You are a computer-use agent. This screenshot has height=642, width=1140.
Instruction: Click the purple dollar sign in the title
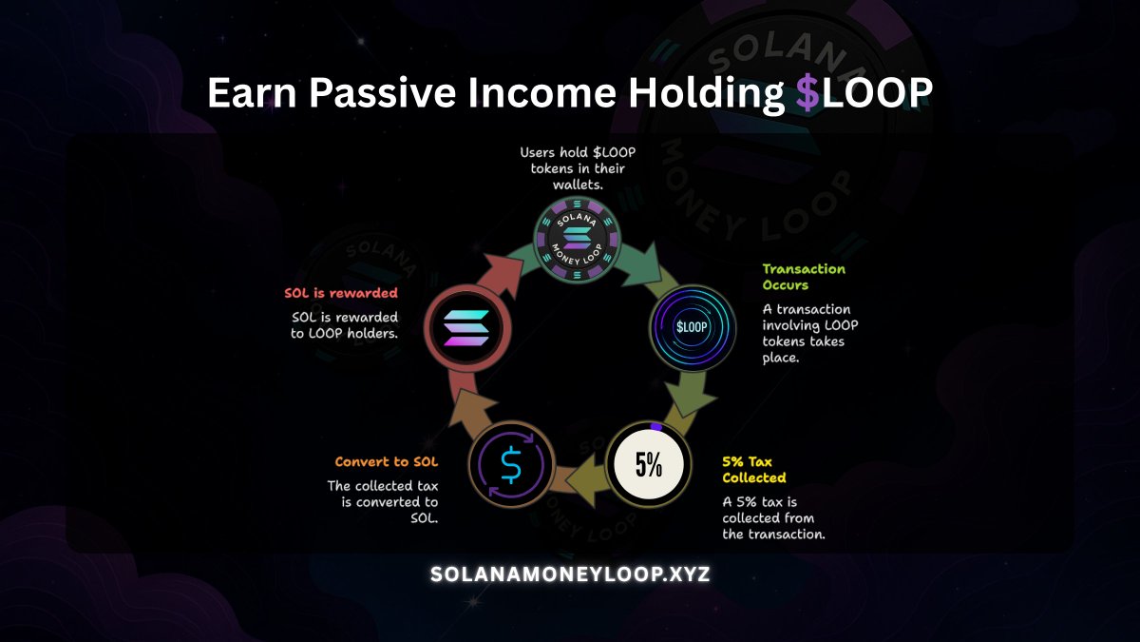[x=807, y=95]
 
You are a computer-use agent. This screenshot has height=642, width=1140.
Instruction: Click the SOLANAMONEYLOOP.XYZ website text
[x=570, y=574]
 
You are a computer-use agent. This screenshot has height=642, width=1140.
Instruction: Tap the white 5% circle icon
[x=648, y=464]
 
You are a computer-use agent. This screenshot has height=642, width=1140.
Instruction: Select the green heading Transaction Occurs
[x=803, y=277]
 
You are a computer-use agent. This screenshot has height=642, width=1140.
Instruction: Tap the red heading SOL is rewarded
[x=341, y=293]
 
